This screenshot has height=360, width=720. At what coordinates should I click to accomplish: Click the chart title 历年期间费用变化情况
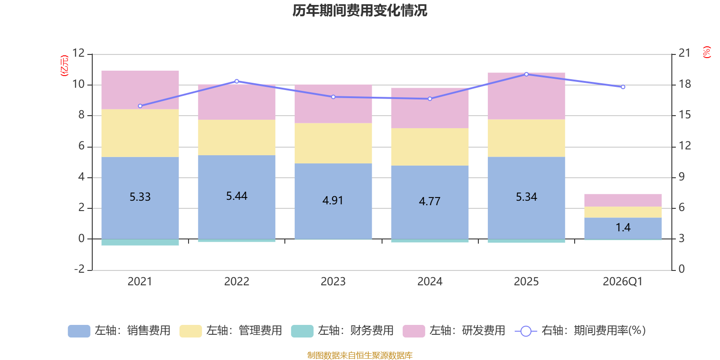[360, 10]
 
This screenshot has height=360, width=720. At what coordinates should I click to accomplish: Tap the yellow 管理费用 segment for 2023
[333, 143]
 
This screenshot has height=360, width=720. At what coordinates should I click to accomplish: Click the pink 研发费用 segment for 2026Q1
[623, 200]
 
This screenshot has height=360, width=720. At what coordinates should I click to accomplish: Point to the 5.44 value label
[237, 196]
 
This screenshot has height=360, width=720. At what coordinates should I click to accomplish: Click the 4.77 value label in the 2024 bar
[429, 201]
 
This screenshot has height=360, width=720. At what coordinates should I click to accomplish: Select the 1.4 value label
[623, 228]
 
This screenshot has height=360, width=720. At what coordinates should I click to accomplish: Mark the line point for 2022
[237, 81]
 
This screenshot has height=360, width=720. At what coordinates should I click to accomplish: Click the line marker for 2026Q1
[623, 87]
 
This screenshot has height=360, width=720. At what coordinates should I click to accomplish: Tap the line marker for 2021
[140, 106]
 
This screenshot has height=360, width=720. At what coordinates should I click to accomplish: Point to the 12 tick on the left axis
[79, 53]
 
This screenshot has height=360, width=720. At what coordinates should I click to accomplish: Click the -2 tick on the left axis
[79, 269]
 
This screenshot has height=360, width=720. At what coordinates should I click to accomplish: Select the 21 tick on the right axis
[684, 53]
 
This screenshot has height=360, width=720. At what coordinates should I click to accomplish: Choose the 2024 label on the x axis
[429, 282]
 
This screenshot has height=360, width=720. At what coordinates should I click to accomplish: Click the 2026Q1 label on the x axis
[623, 282]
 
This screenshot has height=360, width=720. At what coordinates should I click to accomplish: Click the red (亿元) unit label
[65, 66]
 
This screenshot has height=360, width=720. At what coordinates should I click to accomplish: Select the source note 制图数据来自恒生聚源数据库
[360, 355]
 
